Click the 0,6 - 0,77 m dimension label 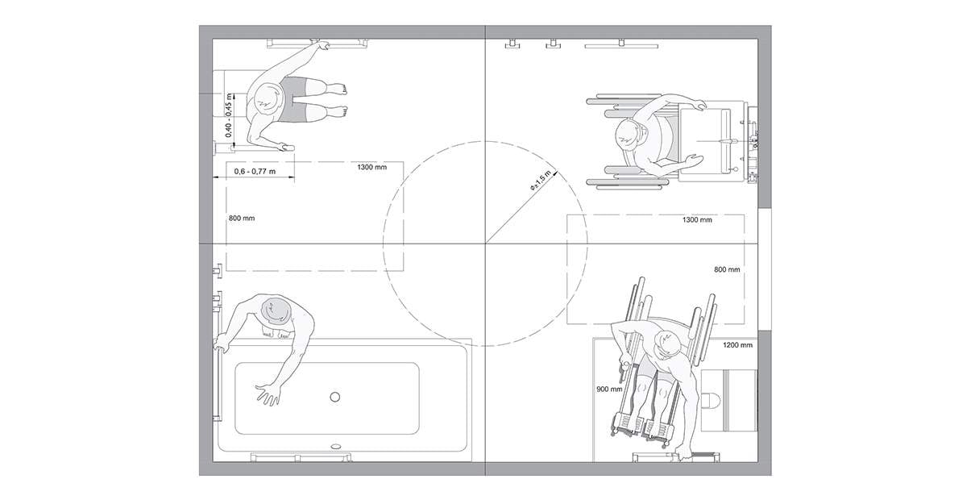(x=255, y=171)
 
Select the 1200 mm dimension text (x=737, y=345)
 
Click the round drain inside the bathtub (x=335, y=396)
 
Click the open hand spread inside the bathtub (x=267, y=394)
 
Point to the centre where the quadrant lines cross (x=485, y=242)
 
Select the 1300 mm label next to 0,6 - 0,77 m (x=371, y=168)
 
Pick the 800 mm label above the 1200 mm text (x=727, y=269)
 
